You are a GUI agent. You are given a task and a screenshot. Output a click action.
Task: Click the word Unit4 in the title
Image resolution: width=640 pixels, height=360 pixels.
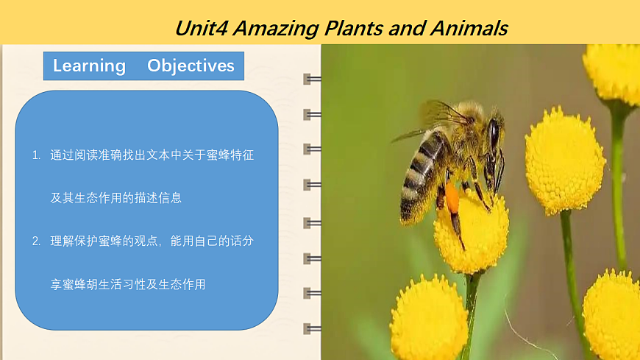click(x=202, y=29)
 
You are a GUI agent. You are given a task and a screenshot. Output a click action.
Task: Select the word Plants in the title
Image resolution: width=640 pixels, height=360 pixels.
click(x=353, y=29)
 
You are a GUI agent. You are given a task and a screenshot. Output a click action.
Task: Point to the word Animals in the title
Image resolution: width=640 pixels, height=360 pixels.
click(x=469, y=29)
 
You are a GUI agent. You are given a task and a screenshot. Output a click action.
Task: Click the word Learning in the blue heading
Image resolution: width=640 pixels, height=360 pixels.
click(x=90, y=66)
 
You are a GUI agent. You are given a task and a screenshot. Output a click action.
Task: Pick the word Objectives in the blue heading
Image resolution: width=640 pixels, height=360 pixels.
click(x=191, y=66)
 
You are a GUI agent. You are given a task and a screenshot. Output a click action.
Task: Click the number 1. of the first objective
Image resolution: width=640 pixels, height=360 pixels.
click(x=36, y=155)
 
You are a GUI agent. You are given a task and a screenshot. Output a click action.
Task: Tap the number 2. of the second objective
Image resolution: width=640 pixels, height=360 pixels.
click(x=36, y=241)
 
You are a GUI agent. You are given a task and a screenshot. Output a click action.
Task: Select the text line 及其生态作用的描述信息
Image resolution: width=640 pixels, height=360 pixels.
click(x=116, y=198)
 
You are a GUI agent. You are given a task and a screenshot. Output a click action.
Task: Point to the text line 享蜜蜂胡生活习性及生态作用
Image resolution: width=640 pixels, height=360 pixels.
click(x=128, y=284)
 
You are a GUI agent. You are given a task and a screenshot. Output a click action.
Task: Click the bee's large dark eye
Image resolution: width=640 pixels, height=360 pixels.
click(x=494, y=134)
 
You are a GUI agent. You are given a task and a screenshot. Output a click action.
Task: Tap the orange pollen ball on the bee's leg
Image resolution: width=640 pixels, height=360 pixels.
click(x=452, y=198)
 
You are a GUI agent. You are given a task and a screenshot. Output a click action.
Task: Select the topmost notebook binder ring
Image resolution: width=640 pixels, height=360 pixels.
click(x=312, y=79)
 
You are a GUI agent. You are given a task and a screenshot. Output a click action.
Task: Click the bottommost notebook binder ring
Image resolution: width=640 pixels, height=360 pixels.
click(x=312, y=328)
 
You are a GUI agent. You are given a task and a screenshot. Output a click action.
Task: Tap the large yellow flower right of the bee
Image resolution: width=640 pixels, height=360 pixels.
click(x=564, y=160)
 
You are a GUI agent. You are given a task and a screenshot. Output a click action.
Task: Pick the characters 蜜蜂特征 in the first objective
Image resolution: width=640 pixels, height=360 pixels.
click(x=230, y=155)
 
